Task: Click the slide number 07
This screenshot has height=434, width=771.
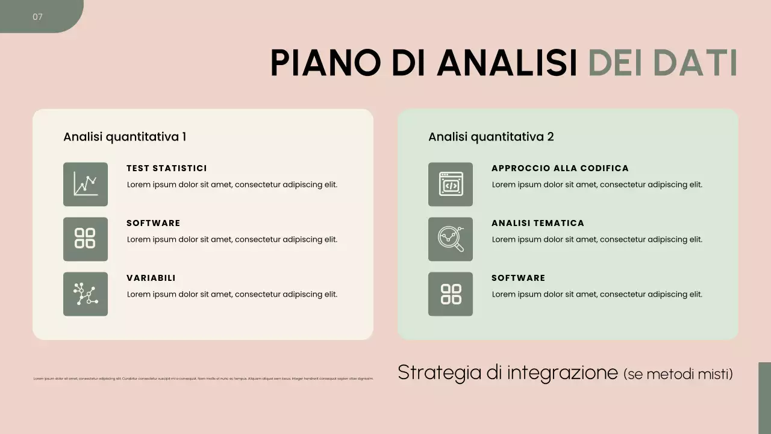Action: (37, 17)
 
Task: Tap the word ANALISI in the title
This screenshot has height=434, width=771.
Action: (507, 63)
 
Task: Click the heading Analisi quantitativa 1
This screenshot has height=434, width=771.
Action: (125, 137)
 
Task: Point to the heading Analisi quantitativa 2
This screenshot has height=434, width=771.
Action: (491, 137)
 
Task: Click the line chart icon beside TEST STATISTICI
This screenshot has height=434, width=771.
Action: (86, 184)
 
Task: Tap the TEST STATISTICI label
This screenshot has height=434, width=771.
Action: (167, 168)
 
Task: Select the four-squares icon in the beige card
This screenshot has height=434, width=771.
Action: (86, 239)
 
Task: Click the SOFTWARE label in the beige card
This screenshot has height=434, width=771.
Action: (154, 223)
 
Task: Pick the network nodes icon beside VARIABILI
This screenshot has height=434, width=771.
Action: (86, 294)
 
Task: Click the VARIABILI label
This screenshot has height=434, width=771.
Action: (151, 278)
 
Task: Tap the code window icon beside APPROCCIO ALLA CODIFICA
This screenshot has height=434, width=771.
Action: (451, 184)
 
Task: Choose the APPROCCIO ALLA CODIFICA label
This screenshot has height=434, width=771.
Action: (560, 168)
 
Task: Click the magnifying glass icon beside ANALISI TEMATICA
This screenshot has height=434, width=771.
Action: (451, 239)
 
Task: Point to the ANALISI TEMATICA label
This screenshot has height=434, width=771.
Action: (538, 223)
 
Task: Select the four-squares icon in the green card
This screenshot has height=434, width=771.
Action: (451, 294)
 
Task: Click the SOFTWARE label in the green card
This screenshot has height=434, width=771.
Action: (519, 278)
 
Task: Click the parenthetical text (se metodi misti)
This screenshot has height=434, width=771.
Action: (678, 374)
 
